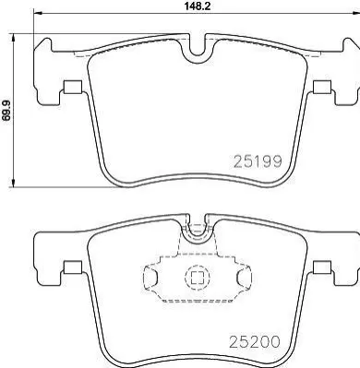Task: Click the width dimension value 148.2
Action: (x=197, y=6)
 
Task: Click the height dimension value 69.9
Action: (x=6, y=110)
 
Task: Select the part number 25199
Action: (x=258, y=161)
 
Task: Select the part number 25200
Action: (x=255, y=341)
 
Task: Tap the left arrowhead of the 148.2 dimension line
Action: (x=37, y=13)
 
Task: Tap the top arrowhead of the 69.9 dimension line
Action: (x=13, y=39)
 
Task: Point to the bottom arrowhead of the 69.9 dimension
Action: (x=13, y=182)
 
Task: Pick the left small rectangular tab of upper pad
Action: (x=73, y=87)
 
